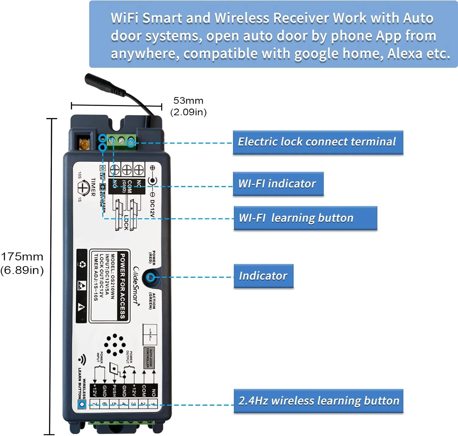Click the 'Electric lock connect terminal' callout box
[318, 142]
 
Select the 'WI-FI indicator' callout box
[278, 184]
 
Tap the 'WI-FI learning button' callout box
[305, 218]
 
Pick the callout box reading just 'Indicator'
[264, 276]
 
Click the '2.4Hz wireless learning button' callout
[318, 401]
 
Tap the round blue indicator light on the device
[150, 277]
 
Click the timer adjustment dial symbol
[82, 188]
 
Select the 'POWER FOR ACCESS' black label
[123, 286]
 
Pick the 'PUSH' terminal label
[114, 391]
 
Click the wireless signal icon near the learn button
[82, 360]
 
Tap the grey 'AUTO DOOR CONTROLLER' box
[149, 357]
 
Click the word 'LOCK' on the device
[126, 223]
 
